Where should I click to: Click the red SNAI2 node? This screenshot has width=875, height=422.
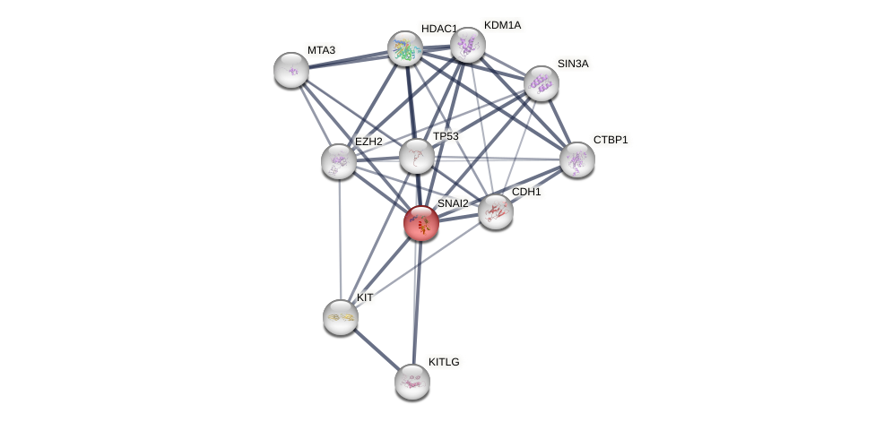click(420, 223)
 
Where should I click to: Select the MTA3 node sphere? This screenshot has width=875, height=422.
click(291, 70)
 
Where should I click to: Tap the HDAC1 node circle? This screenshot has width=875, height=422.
click(405, 48)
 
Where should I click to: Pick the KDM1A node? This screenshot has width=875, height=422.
click(467, 45)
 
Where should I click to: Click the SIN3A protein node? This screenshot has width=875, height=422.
click(541, 83)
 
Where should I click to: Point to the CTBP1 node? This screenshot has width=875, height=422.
click(577, 159)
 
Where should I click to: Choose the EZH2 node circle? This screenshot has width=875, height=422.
click(339, 161)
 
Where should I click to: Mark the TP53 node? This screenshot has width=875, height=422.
click(417, 156)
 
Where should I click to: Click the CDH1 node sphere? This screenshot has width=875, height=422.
click(495, 211)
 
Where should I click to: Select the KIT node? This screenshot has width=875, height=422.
click(341, 316)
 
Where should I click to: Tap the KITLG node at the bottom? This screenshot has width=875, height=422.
click(412, 382)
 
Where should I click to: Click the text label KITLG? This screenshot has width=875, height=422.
click(444, 362)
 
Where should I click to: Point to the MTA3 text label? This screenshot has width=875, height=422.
click(321, 50)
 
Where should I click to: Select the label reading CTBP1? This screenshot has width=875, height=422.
click(611, 140)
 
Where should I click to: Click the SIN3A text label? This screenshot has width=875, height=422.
click(573, 64)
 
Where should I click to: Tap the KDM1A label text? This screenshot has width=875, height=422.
click(502, 25)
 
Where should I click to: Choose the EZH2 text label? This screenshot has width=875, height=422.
click(368, 142)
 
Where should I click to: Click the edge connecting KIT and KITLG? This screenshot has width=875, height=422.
click(377, 349)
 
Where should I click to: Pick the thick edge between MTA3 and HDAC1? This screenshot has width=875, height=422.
click(348, 59)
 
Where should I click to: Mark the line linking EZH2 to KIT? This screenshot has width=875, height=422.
click(340, 238)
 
